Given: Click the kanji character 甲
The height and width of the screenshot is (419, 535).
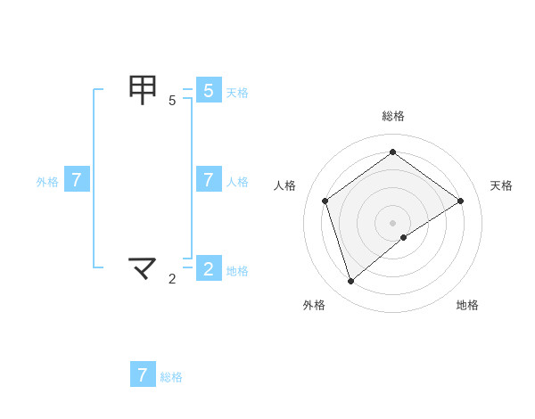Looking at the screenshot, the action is point(143,89).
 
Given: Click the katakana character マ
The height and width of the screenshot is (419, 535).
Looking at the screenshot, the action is point(143,267).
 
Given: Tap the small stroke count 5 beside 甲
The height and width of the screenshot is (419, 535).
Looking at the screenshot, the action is point(172,101).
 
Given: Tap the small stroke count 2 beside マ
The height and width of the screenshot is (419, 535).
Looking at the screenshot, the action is point(172,279).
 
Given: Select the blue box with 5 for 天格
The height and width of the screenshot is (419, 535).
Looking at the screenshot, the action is point(208,90).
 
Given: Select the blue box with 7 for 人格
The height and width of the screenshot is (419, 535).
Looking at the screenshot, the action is point(208,179).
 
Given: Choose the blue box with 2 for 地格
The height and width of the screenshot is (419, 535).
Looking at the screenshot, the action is point(208,268).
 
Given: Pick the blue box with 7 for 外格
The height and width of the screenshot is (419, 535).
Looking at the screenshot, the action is point(77,179).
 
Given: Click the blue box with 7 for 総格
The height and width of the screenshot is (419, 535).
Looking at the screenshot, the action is point(143,374).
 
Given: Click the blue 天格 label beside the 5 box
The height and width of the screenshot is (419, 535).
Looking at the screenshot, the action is point(237,92).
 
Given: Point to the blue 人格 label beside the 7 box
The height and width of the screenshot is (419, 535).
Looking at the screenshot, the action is point(237,181).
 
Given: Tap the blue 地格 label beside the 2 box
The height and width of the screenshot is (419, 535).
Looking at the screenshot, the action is point(237,270).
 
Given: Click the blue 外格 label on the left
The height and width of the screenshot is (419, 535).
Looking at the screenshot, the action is point(47,181).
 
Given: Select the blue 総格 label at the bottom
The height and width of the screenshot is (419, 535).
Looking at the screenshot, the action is point(171,377).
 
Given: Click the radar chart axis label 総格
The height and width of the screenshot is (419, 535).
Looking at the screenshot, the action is point(393,116).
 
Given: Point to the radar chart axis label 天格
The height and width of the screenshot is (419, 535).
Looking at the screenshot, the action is point(501,185).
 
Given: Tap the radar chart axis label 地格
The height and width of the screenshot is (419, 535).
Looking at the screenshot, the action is point(467,305).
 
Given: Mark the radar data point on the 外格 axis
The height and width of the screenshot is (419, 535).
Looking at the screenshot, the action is point(350,282).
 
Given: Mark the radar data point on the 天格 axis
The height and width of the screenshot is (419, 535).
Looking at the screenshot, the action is point(461,201).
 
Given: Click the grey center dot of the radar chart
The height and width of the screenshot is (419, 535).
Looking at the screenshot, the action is point(393,222).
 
